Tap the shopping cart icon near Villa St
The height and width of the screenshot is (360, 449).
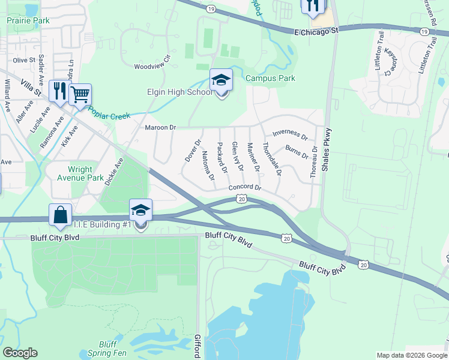point(80,94)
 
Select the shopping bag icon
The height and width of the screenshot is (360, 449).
point(61,215)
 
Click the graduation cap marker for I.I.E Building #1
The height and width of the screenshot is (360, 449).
point(140,211)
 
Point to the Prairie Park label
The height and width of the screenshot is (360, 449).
point(28,20)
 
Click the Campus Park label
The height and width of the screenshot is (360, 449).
point(270,78)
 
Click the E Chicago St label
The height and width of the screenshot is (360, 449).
point(316,29)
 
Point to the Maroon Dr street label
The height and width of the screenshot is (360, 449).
point(160,127)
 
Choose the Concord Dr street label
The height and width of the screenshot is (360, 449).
point(246,188)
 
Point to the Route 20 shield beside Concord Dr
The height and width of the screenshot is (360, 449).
point(241,198)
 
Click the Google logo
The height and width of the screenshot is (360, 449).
point(20,353)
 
